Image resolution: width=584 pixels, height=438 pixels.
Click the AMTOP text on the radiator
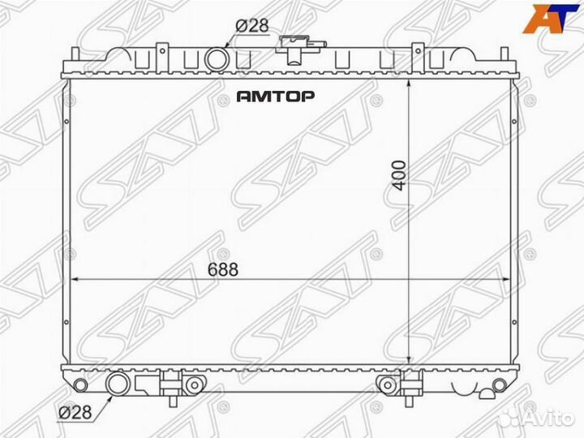(x=276, y=96)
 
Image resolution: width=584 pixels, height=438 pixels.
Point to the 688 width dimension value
(x=223, y=271)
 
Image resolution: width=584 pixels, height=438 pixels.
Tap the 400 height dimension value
(x=399, y=174)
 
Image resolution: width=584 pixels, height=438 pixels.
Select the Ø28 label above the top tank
(x=251, y=26)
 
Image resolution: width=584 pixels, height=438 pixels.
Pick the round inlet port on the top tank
(x=217, y=58)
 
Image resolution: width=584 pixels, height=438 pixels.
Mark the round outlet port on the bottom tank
(x=117, y=382)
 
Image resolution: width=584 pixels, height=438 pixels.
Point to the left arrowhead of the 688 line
(x=75, y=280)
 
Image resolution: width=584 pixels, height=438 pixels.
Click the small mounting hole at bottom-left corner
(x=79, y=383)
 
